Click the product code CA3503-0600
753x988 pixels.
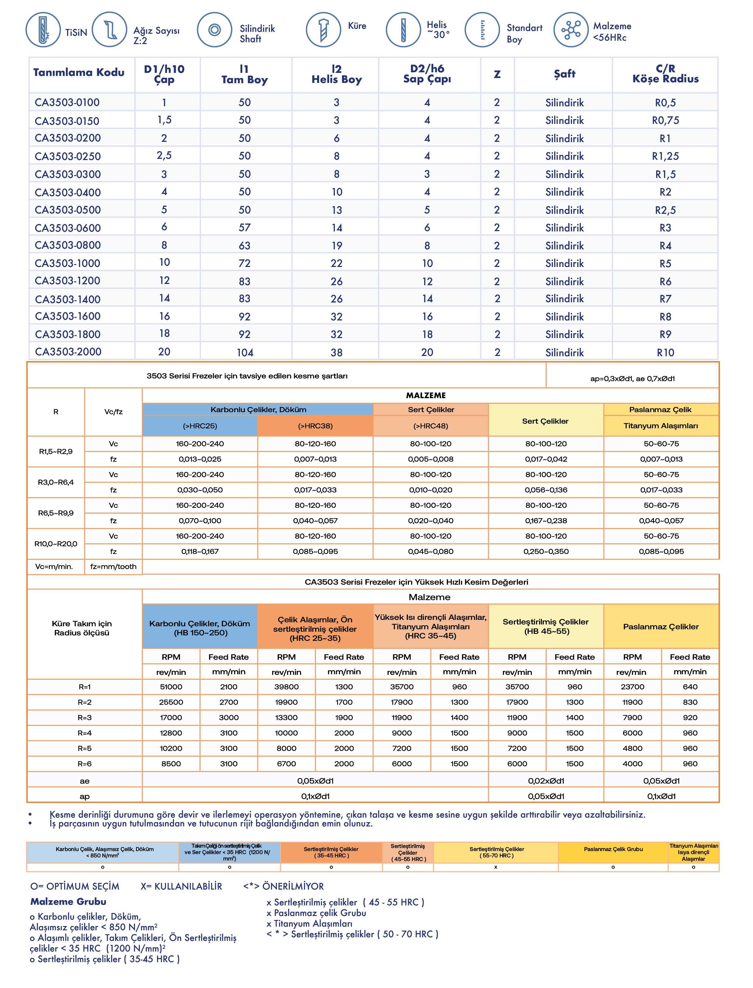tap(68, 228)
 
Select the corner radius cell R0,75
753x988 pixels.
tap(665, 121)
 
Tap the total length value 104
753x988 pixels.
tap(245, 352)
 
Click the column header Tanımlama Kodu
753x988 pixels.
tap(79, 73)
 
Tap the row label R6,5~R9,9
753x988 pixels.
tap(56, 513)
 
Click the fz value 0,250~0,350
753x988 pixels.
tap(546, 551)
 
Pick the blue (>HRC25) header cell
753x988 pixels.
tap(200, 426)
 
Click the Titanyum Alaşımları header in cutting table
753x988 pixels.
tap(661, 426)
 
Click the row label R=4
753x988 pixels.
tap(84, 733)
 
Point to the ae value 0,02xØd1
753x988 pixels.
tap(546, 781)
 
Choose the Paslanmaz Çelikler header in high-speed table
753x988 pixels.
tap(661, 627)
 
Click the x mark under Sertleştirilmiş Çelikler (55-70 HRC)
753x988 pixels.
tap(496, 867)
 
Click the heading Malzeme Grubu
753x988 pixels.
tap(68, 901)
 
